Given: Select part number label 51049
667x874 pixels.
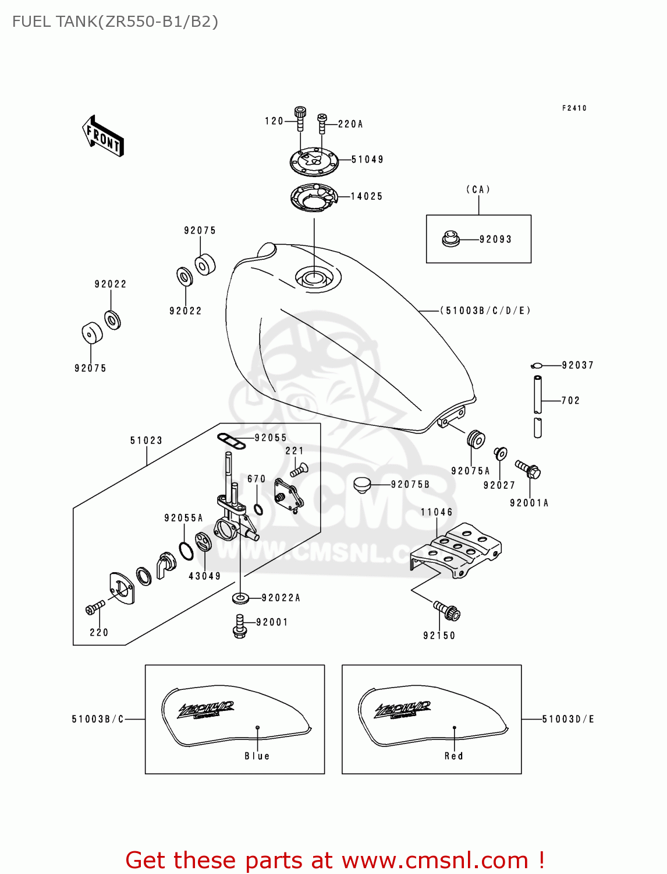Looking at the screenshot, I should pos(367,160).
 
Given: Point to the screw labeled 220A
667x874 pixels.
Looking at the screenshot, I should pos(322,124).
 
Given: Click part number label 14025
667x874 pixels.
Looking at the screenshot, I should pos(367,197).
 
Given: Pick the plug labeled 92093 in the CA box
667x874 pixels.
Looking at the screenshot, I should pos(450,239).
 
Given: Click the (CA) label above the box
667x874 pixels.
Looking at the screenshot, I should pos(478,190).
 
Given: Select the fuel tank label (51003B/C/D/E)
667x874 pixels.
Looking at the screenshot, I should pos(485,311).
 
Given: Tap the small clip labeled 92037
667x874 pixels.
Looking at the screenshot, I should pos(537,366).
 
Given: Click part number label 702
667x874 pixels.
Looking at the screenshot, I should pos(570,401).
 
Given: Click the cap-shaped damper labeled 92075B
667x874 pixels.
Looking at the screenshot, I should pos(362,484).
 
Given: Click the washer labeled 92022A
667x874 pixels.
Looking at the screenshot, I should pos(240,598).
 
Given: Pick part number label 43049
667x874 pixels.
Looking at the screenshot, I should pos(205,576).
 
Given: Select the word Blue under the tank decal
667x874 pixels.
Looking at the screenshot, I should pos(257,756).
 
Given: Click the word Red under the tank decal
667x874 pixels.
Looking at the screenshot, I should pos(454,756).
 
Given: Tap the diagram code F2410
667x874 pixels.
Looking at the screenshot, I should pos(574,108).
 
